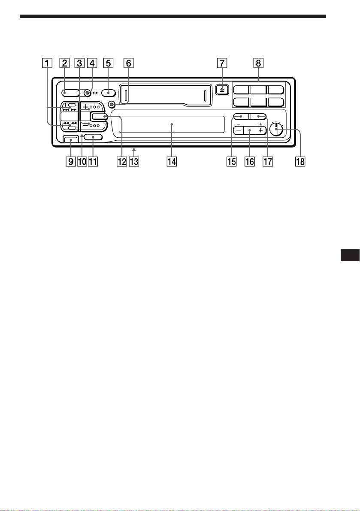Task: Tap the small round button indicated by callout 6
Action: (112, 104)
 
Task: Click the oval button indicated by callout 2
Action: (70, 92)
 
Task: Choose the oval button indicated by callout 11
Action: (93, 137)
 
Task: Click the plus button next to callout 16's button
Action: (260, 130)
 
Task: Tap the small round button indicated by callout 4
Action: (87, 92)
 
